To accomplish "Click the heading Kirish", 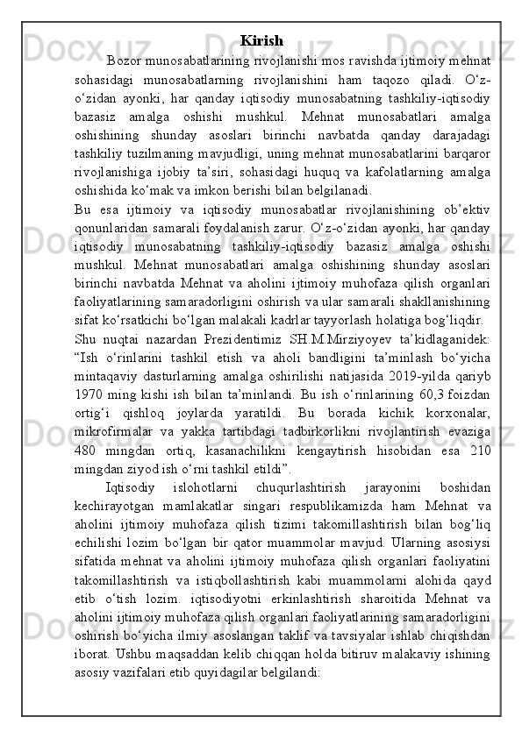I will coord(261,40).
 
